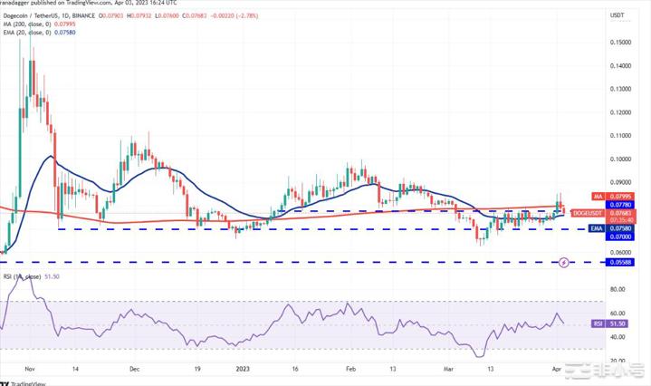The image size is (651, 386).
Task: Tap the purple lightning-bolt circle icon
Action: [x=564, y=262]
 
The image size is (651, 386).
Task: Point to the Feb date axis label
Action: [x=350, y=369]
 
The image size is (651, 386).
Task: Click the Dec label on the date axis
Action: [x=135, y=369]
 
